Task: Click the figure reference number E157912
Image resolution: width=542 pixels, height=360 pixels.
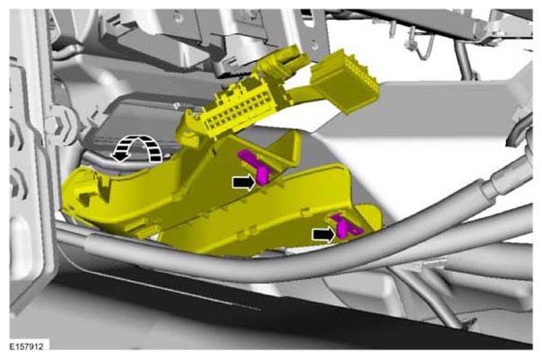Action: [x=26, y=347]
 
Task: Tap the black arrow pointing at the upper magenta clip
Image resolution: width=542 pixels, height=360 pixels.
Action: [x=244, y=182]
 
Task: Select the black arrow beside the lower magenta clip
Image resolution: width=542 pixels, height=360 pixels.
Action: [x=324, y=234]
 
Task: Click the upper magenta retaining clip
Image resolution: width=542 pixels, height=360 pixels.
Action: [x=258, y=167]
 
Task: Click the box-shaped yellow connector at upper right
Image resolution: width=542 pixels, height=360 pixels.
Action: [x=344, y=82]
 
